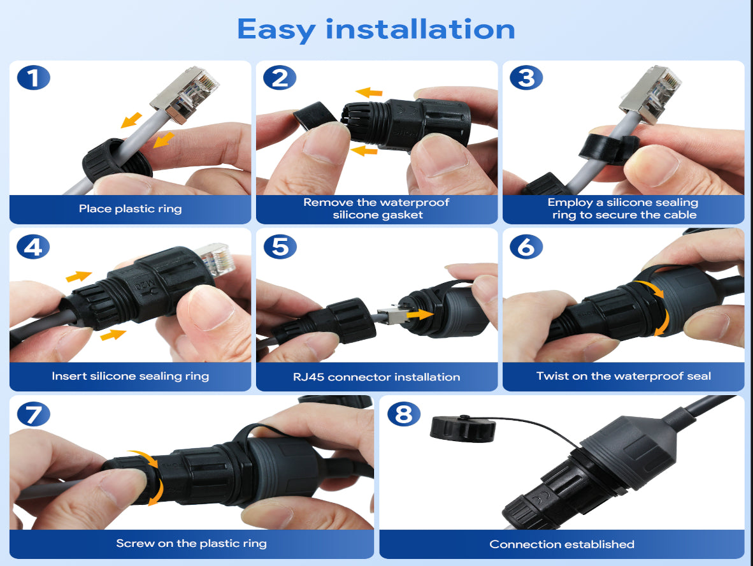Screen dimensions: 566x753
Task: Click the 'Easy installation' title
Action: click(x=376, y=29)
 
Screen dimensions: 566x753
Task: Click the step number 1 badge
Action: click(x=33, y=78)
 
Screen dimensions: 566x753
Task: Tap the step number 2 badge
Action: click(x=280, y=78)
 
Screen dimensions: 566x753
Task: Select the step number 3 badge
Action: click(x=526, y=78)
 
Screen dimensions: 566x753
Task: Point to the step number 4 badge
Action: click(x=33, y=247)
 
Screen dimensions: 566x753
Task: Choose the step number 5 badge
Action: click(x=280, y=247)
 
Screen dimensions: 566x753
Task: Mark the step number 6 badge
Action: click(x=526, y=247)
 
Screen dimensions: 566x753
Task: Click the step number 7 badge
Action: click(x=33, y=414)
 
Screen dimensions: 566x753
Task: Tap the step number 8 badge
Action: click(x=403, y=414)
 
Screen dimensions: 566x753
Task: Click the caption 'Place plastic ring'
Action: click(x=130, y=208)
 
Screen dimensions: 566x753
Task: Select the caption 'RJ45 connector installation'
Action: click(x=376, y=377)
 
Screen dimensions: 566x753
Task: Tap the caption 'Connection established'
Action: click(x=561, y=544)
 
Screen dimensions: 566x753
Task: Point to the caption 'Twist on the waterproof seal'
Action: click(x=623, y=376)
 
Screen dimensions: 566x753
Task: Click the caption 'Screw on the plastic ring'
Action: click(x=191, y=544)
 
